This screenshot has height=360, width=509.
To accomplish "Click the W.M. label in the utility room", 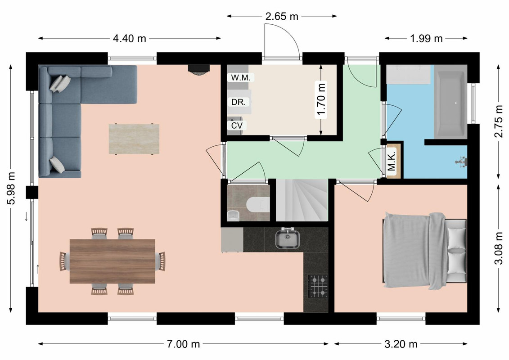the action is (x=240, y=77).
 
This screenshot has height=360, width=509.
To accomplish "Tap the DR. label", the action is (x=239, y=102).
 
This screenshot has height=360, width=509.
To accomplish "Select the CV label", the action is (x=237, y=125).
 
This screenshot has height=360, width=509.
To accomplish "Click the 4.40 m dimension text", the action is (x=130, y=38).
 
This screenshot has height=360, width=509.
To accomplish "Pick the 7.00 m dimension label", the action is (x=184, y=344).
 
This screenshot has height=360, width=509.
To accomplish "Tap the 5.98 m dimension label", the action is (x=11, y=188).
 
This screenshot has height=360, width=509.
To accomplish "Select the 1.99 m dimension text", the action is (x=426, y=38).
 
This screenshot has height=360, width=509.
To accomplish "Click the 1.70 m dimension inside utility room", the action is (x=321, y=99).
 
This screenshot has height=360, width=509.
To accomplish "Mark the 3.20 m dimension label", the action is (x=401, y=344).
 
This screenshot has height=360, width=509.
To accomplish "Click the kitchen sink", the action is (x=287, y=239).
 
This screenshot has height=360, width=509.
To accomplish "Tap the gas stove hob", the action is (x=318, y=286).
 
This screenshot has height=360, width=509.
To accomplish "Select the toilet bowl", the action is (x=258, y=205).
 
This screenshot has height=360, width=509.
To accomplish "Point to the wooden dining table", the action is (x=113, y=261).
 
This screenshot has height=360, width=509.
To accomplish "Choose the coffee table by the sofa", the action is (x=134, y=139).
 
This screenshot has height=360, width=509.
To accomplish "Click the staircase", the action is (x=302, y=200).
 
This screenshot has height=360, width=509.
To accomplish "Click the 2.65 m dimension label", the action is (x=282, y=16).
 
